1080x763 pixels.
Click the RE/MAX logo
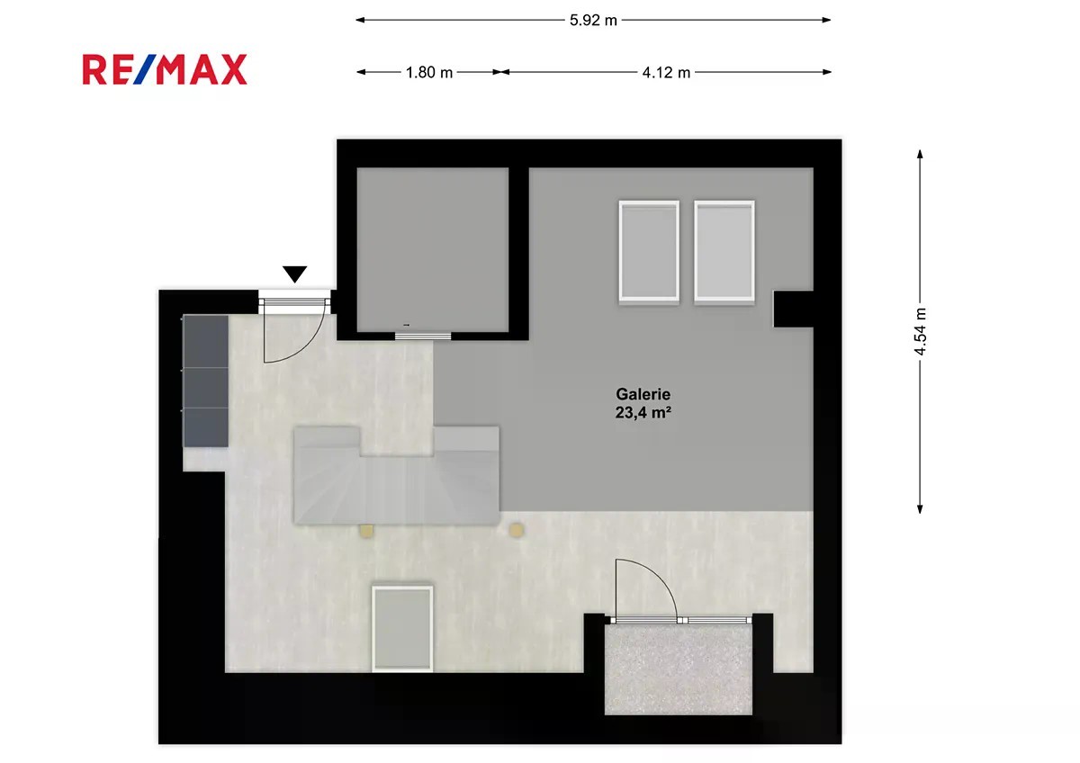point(165,70)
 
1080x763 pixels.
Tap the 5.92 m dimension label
point(593,20)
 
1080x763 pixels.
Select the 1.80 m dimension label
point(429,72)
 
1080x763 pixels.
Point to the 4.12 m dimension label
point(666,72)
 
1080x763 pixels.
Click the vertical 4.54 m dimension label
point(921,332)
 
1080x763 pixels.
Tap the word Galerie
point(643,394)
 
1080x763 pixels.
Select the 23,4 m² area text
point(643,413)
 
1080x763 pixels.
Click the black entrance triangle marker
point(294,274)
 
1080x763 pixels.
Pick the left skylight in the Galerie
point(649,251)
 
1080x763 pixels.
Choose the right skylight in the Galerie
point(724,251)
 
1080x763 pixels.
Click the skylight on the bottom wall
point(402,629)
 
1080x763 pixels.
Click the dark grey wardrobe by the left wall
point(205,381)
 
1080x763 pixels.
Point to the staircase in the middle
point(396,475)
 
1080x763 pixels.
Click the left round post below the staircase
point(366,531)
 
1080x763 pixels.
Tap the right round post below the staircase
point(517,530)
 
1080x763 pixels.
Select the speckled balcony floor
point(679,669)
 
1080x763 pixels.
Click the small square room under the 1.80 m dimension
point(433,249)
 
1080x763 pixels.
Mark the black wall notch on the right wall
point(793,309)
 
